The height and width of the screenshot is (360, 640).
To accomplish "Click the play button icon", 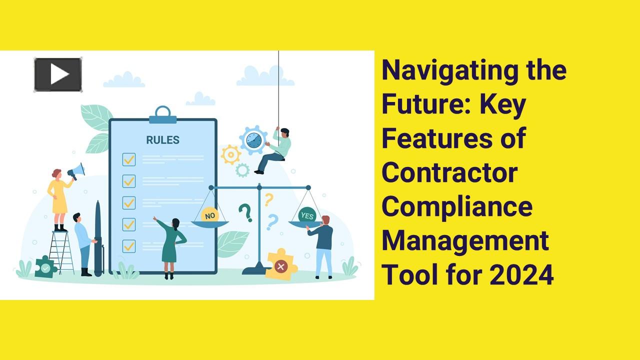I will [x=58, y=75].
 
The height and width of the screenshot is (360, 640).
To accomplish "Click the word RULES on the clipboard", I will [x=162, y=140].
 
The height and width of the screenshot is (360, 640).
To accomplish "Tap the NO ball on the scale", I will [x=210, y=215].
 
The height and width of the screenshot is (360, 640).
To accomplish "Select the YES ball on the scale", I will [x=307, y=215].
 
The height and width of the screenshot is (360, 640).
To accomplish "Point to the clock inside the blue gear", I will [x=253, y=139].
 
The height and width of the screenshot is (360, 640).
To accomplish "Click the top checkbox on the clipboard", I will [x=129, y=159].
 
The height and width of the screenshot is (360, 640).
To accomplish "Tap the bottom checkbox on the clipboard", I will [x=129, y=245].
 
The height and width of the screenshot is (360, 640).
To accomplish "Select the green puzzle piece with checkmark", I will [x=45, y=267].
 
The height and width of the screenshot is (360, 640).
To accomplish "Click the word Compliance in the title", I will [x=457, y=206].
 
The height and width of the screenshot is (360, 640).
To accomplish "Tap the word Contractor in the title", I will [x=449, y=172].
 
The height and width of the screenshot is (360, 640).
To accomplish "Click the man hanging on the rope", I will [x=275, y=149].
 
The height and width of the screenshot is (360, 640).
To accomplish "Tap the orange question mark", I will [x=268, y=199].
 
